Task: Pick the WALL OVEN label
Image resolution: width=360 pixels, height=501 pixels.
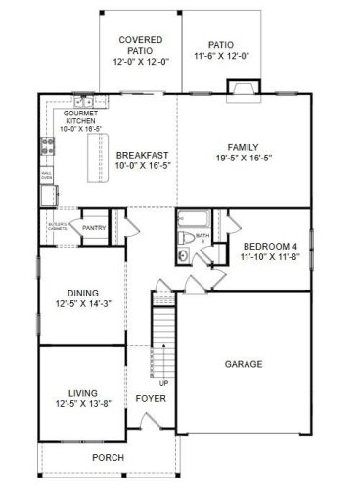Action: click(46, 176)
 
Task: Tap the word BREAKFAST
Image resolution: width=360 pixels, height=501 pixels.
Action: click(143, 155)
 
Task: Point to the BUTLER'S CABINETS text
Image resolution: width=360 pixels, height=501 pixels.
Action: click(57, 229)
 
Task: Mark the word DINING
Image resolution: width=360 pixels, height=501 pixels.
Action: click(83, 293)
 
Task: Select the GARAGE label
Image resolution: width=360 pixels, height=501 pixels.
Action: click(244, 364)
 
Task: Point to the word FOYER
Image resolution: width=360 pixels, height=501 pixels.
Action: click(151, 399)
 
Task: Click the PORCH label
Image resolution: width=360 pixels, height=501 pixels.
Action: click(109, 457)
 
